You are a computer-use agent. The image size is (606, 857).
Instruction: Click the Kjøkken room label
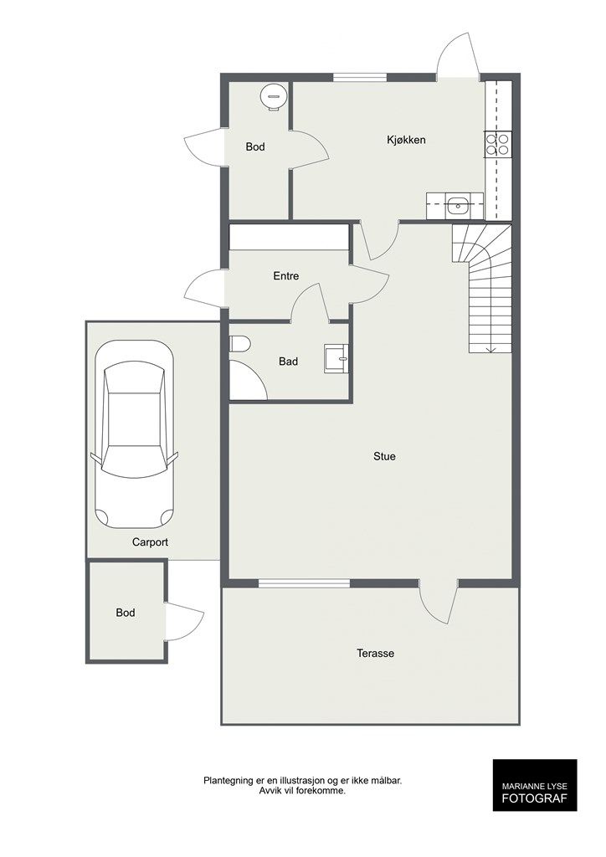pyautogui.click(x=406, y=140)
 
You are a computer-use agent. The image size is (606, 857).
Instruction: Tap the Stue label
pyautogui.click(x=384, y=456)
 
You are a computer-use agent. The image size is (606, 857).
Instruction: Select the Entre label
pyautogui.click(x=285, y=276)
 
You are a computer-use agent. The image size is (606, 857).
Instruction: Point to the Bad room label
pyautogui.click(x=288, y=362)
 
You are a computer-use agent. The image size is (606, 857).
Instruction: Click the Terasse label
pyautogui.click(x=376, y=653)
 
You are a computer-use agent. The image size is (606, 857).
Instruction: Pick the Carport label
pyautogui.click(x=150, y=542)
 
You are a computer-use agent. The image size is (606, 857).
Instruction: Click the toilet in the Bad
pyautogui.click(x=239, y=344)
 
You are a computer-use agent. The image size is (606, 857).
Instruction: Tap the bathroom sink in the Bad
pyautogui.click(x=336, y=358)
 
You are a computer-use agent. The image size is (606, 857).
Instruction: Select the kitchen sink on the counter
pyautogui.click(x=456, y=207)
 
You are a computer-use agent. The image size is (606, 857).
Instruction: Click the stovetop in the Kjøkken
pyautogui.click(x=497, y=144)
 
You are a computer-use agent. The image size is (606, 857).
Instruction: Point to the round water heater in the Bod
pyautogui.click(x=273, y=97)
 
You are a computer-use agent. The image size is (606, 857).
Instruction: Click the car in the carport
pyautogui.click(x=135, y=434)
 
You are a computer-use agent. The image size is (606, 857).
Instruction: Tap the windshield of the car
pyautogui.click(x=135, y=462)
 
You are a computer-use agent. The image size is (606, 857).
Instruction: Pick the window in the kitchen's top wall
pyautogui.click(x=360, y=77)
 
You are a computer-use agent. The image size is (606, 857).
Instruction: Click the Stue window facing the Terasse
pyautogui.click(x=304, y=583)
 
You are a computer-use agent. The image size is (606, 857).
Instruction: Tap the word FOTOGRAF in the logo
pyautogui.click(x=535, y=798)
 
